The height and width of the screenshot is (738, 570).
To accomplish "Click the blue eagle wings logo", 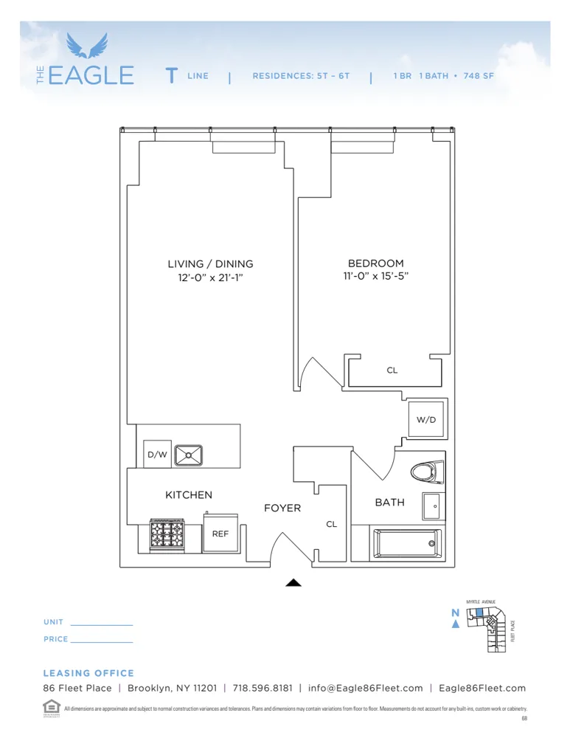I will (86, 46).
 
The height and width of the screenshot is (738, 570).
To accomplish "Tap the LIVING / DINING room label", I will (210, 263).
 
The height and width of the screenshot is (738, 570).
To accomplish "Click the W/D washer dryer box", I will (426, 420).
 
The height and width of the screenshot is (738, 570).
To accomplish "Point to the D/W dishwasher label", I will (156, 455).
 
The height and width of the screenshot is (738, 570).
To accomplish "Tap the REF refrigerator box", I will (220, 533).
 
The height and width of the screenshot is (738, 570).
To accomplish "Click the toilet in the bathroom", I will (428, 472).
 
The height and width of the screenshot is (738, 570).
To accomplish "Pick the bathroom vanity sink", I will (433, 507).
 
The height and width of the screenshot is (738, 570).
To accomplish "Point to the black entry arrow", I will (293, 582).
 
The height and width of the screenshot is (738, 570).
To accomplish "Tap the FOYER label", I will (282, 508).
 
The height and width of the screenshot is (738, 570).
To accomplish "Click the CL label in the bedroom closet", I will (392, 370).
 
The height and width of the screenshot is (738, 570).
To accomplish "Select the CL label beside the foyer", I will (332, 524).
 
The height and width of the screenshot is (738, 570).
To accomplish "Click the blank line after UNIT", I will (101, 624).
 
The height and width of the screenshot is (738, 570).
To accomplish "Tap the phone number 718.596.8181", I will (263, 688).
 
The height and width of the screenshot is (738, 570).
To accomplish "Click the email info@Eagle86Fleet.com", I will (366, 688).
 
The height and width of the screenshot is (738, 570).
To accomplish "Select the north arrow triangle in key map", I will (456, 624).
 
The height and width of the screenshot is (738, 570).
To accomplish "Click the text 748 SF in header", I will (479, 76).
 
